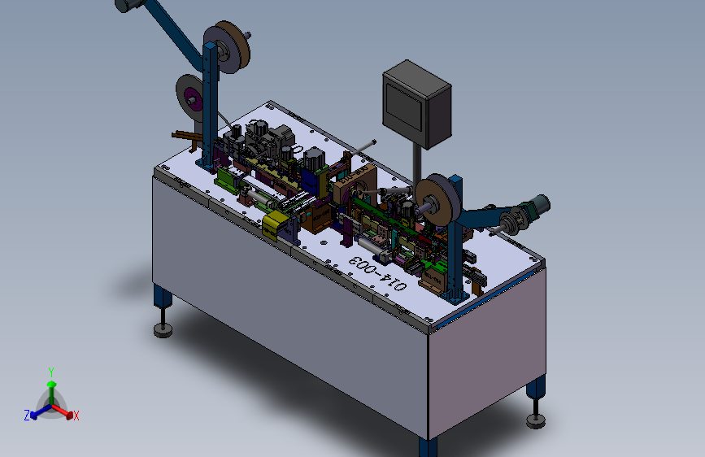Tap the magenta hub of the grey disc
pos(194,98)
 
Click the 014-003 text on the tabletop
pos(377,272)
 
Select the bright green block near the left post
pos(228,180)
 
